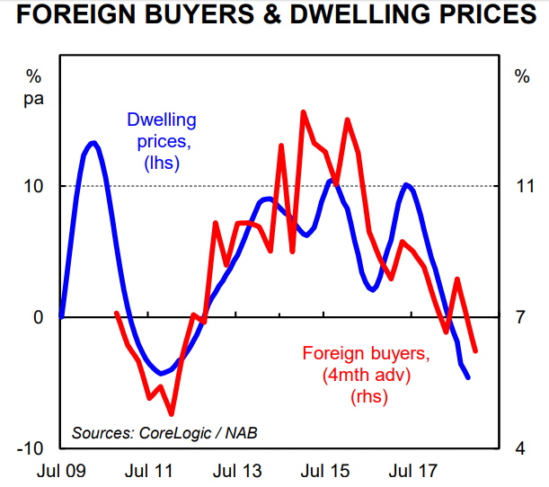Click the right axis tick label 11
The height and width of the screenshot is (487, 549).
coord(522,187)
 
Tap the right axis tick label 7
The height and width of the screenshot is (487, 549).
coord(522,317)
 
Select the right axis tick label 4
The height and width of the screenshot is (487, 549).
coord(522,448)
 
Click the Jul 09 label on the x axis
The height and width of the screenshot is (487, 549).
coord(60,470)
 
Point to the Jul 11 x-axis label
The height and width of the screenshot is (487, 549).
coord(149,470)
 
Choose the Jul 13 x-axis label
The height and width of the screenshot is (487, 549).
coord(237,470)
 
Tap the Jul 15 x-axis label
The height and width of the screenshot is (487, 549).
coord(324,470)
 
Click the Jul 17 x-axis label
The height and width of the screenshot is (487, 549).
coord(412,470)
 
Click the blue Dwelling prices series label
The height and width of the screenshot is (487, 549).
coord(162,141)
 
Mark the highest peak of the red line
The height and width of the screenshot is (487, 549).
coord(303,112)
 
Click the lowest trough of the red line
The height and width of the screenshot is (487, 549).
coord(171,414)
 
